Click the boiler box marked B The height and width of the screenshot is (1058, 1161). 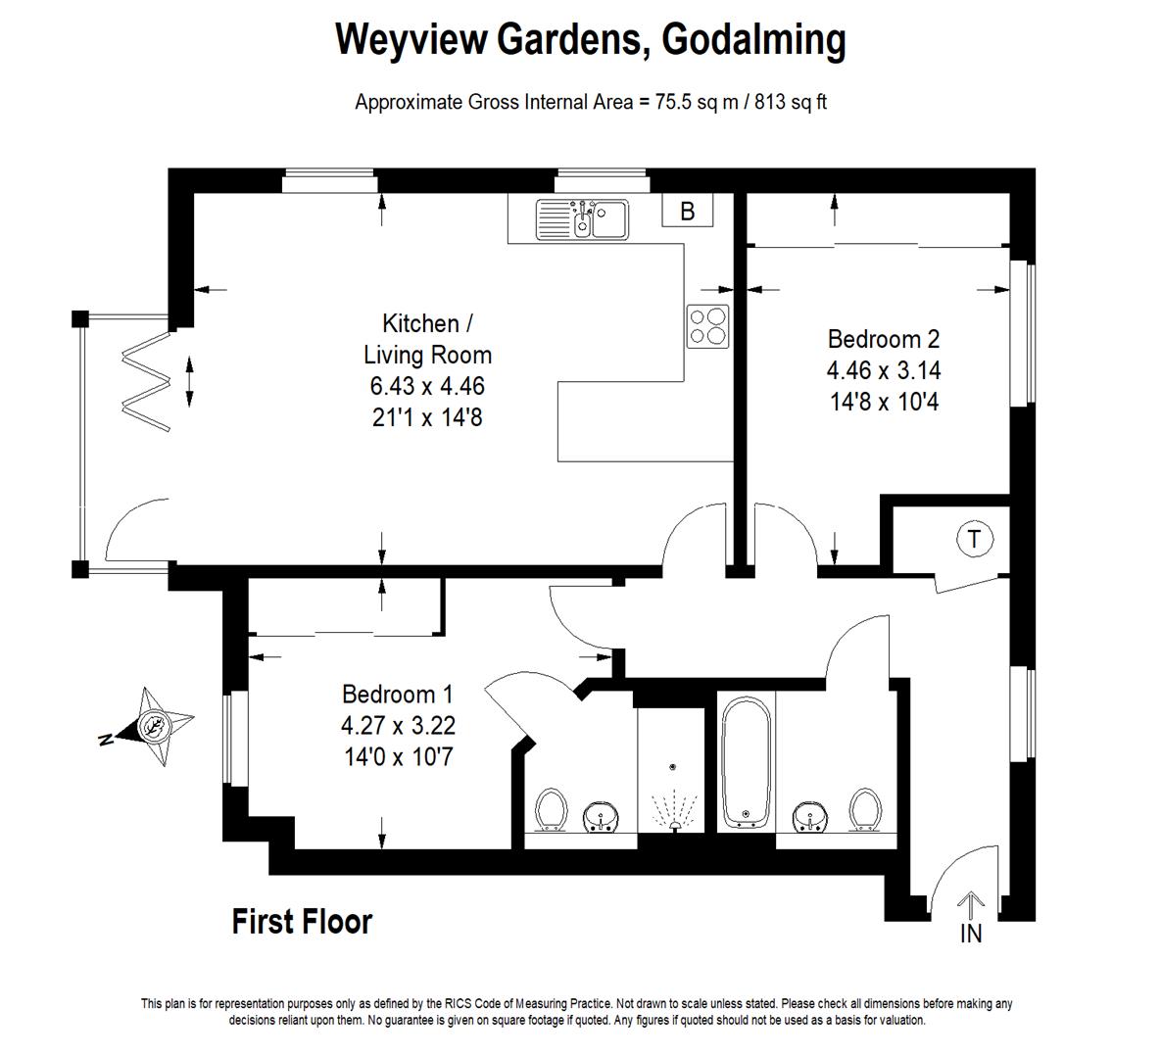pos(688,211)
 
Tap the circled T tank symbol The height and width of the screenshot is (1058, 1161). pos(974,538)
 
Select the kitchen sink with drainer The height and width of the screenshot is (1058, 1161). pos(582,219)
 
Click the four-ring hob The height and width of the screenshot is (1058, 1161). pos(707,326)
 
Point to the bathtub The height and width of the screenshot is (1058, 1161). pos(747,762)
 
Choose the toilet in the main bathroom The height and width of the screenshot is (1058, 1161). pos(865,810)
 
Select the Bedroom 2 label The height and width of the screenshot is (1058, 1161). pos(884,339)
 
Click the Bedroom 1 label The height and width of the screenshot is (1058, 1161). pos(398,695)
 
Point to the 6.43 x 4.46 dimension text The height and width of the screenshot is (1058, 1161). pos(427,386)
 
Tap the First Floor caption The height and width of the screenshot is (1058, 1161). pos(302,922)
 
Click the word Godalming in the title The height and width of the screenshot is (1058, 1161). pos(753,40)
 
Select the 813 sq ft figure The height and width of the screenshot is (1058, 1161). pos(790,102)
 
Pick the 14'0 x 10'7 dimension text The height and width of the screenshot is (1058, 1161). pos(399,757)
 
